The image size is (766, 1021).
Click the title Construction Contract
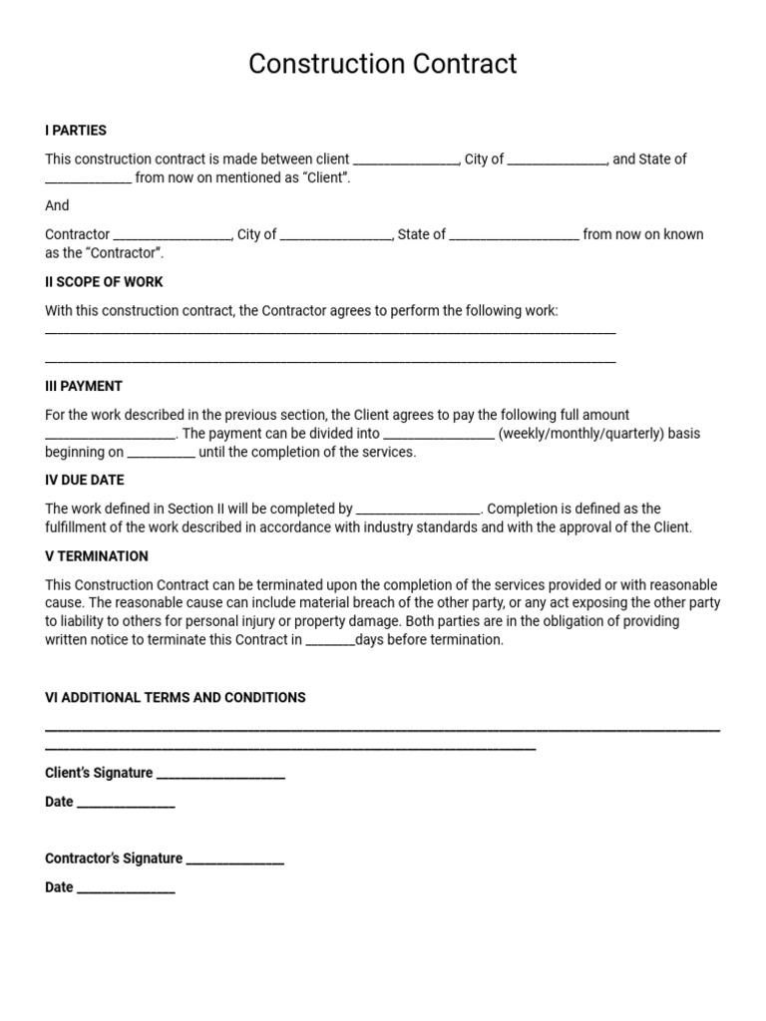[383, 65]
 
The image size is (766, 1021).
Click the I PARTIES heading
[76, 131]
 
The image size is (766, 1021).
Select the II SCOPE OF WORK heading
[104, 282]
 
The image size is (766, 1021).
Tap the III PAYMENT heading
[84, 386]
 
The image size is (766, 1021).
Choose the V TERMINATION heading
[97, 556]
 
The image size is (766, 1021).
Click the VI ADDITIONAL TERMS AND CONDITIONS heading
[176, 698]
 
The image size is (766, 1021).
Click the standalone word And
[57, 205]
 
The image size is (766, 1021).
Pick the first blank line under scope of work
[330, 332]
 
